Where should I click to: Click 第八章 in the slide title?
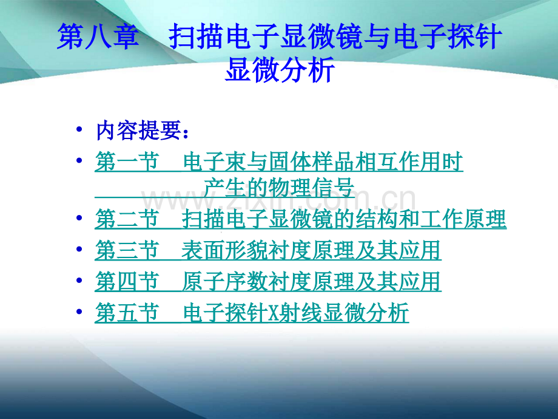[98, 36]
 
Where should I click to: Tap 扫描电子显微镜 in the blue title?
[265, 36]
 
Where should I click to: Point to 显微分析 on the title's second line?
[280, 69]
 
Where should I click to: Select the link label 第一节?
[127, 162]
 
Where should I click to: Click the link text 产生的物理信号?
[279, 188]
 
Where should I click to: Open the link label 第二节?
[127, 219]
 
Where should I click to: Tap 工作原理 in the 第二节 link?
[463, 219]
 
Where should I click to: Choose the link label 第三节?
[127, 250]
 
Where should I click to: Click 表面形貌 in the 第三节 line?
[224, 250]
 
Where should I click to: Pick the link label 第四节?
[127, 282]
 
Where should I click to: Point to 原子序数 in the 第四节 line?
[224, 282]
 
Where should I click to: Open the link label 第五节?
[127, 313]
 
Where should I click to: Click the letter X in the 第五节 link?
[274, 313]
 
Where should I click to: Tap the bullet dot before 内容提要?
[79, 129]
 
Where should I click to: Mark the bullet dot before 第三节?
[79, 249]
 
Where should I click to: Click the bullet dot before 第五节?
[79, 312]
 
